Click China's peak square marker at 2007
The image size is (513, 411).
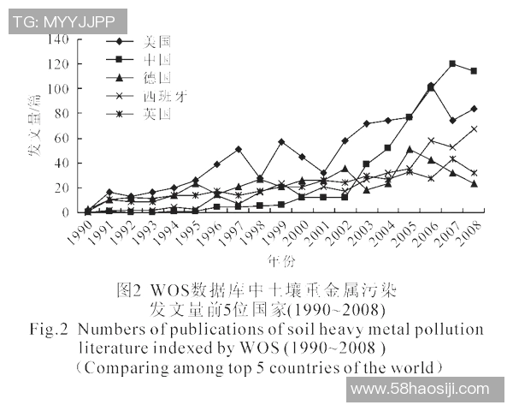click(x=452, y=64)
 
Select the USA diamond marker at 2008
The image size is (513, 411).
click(x=474, y=109)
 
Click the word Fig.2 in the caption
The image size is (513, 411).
click(x=49, y=330)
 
